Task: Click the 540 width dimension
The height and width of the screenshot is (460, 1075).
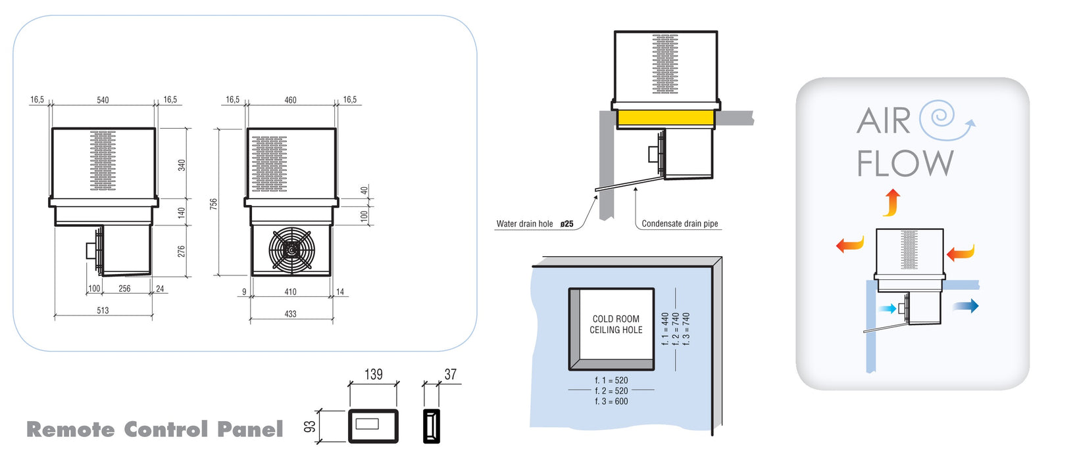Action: (x=103, y=100)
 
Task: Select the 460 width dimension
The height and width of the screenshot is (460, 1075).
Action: (x=290, y=100)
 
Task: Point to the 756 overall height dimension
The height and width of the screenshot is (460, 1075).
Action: (x=214, y=204)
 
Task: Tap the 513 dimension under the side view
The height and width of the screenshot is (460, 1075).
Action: (x=103, y=310)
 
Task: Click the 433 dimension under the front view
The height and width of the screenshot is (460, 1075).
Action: (x=290, y=313)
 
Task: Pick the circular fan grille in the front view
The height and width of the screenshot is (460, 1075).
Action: (x=291, y=250)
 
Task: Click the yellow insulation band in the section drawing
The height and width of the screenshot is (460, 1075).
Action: (x=665, y=118)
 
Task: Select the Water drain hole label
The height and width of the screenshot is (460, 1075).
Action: (x=525, y=224)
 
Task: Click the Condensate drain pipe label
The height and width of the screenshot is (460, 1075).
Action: (x=680, y=223)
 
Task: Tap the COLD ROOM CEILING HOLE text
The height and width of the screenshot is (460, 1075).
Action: (x=616, y=325)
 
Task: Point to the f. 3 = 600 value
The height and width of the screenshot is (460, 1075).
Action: (x=611, y=401)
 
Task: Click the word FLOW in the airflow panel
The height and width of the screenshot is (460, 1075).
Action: (x=905, y=164)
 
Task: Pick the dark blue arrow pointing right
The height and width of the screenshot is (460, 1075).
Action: (x=966, y=306)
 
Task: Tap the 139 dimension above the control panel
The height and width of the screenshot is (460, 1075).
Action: (x=373, y=375)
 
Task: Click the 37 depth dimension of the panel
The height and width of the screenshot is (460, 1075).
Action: (x=450, y=375)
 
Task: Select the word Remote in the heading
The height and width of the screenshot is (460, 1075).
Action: (x=70, y=430)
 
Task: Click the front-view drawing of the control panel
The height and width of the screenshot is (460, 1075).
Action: (x=373, y=426)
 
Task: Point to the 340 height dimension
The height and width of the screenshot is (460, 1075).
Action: (x=182, y=164)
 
